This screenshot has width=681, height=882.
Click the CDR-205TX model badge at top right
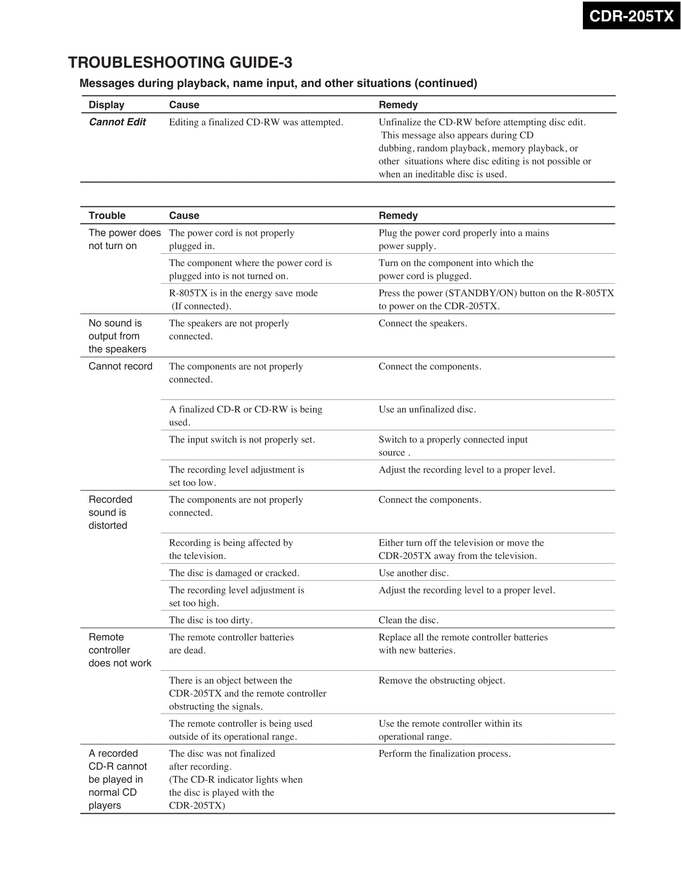pos(631,16)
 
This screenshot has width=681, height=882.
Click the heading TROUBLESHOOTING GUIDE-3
pos(180,63)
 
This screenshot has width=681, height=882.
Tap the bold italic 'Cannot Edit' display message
pos(117,122)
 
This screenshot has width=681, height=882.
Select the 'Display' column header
pos(107,105)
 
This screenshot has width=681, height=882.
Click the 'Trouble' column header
pos(107,215)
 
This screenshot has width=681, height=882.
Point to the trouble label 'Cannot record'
pos(121,366)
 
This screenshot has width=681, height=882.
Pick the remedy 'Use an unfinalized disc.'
pos(427,410)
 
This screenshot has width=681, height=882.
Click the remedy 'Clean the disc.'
pos(408,620)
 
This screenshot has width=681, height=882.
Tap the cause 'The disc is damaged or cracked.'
pos(234,573)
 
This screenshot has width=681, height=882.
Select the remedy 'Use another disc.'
pos(414,573)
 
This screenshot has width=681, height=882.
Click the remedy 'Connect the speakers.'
pos(423,323)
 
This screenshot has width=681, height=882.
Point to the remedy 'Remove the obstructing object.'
pos(442,680)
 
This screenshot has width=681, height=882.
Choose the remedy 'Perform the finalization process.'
pos(445,753)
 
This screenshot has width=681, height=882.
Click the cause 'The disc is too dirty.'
pos(211,620)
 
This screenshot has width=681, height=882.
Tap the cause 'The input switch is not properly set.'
pos(242,439)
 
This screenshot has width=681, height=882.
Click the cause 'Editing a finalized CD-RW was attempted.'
pos(256,122)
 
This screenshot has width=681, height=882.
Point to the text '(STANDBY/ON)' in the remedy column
pos(481,293)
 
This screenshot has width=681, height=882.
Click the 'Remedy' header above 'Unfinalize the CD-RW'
pos(398,105)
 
